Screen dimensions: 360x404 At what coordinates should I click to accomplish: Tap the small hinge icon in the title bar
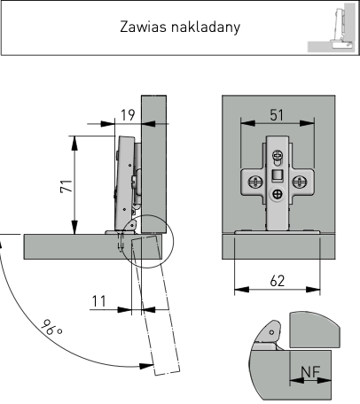pyautogui.click(x=332, y=27)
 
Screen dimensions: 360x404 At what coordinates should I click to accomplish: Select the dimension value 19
pyautogui.click(x=128, y=115)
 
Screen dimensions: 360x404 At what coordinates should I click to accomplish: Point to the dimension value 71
pyautogui.click(x=67, y=186)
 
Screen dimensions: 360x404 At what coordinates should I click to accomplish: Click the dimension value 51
pyautogui.click(x=277, y=115)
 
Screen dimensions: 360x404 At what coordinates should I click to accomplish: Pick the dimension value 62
pyautogui.click(x=278, y=281)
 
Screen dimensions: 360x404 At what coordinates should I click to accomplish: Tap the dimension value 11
pyautogui.click(x=98, y=301)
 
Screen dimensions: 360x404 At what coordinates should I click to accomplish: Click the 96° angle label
pyautogui.click(x=51, y=328)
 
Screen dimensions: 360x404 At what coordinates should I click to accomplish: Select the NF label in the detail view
pyautogui.click(x=310, y=372)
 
